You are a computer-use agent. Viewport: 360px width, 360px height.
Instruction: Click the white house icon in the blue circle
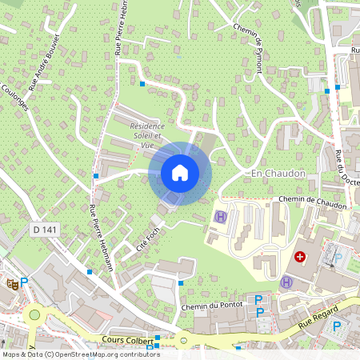tap(179, 173)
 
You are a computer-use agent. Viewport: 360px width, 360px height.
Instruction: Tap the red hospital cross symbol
tap(300, 257)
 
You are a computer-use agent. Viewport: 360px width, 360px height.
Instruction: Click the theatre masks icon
tap(11, 282)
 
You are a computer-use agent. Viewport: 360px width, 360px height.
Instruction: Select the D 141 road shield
tap(44, 230)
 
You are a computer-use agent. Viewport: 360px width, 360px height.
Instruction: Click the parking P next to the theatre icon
tap(24, 282)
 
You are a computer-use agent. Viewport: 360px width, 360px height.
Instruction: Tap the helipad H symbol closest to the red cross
tap(286, 282)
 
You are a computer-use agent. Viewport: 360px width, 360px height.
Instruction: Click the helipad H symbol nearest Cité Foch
tap(220, 217)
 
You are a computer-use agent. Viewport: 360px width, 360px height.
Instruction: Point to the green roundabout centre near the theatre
tap(34, 314)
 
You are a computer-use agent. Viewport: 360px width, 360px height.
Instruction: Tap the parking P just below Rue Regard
tap(337, 326)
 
